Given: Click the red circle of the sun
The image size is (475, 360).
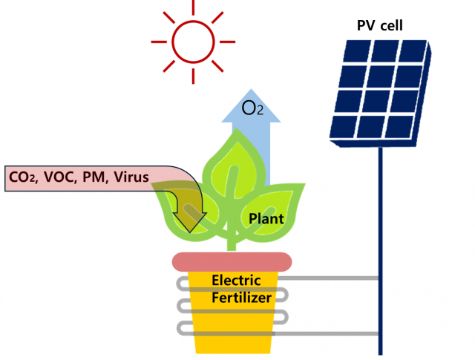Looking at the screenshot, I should [193, 41].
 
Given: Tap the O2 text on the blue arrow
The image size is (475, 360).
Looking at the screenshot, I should [253, 109].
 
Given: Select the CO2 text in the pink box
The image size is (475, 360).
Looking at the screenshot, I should [23, 177].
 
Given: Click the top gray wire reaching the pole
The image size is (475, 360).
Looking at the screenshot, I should [334, 278].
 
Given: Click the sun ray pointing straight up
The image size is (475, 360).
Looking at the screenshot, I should [193, 6].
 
